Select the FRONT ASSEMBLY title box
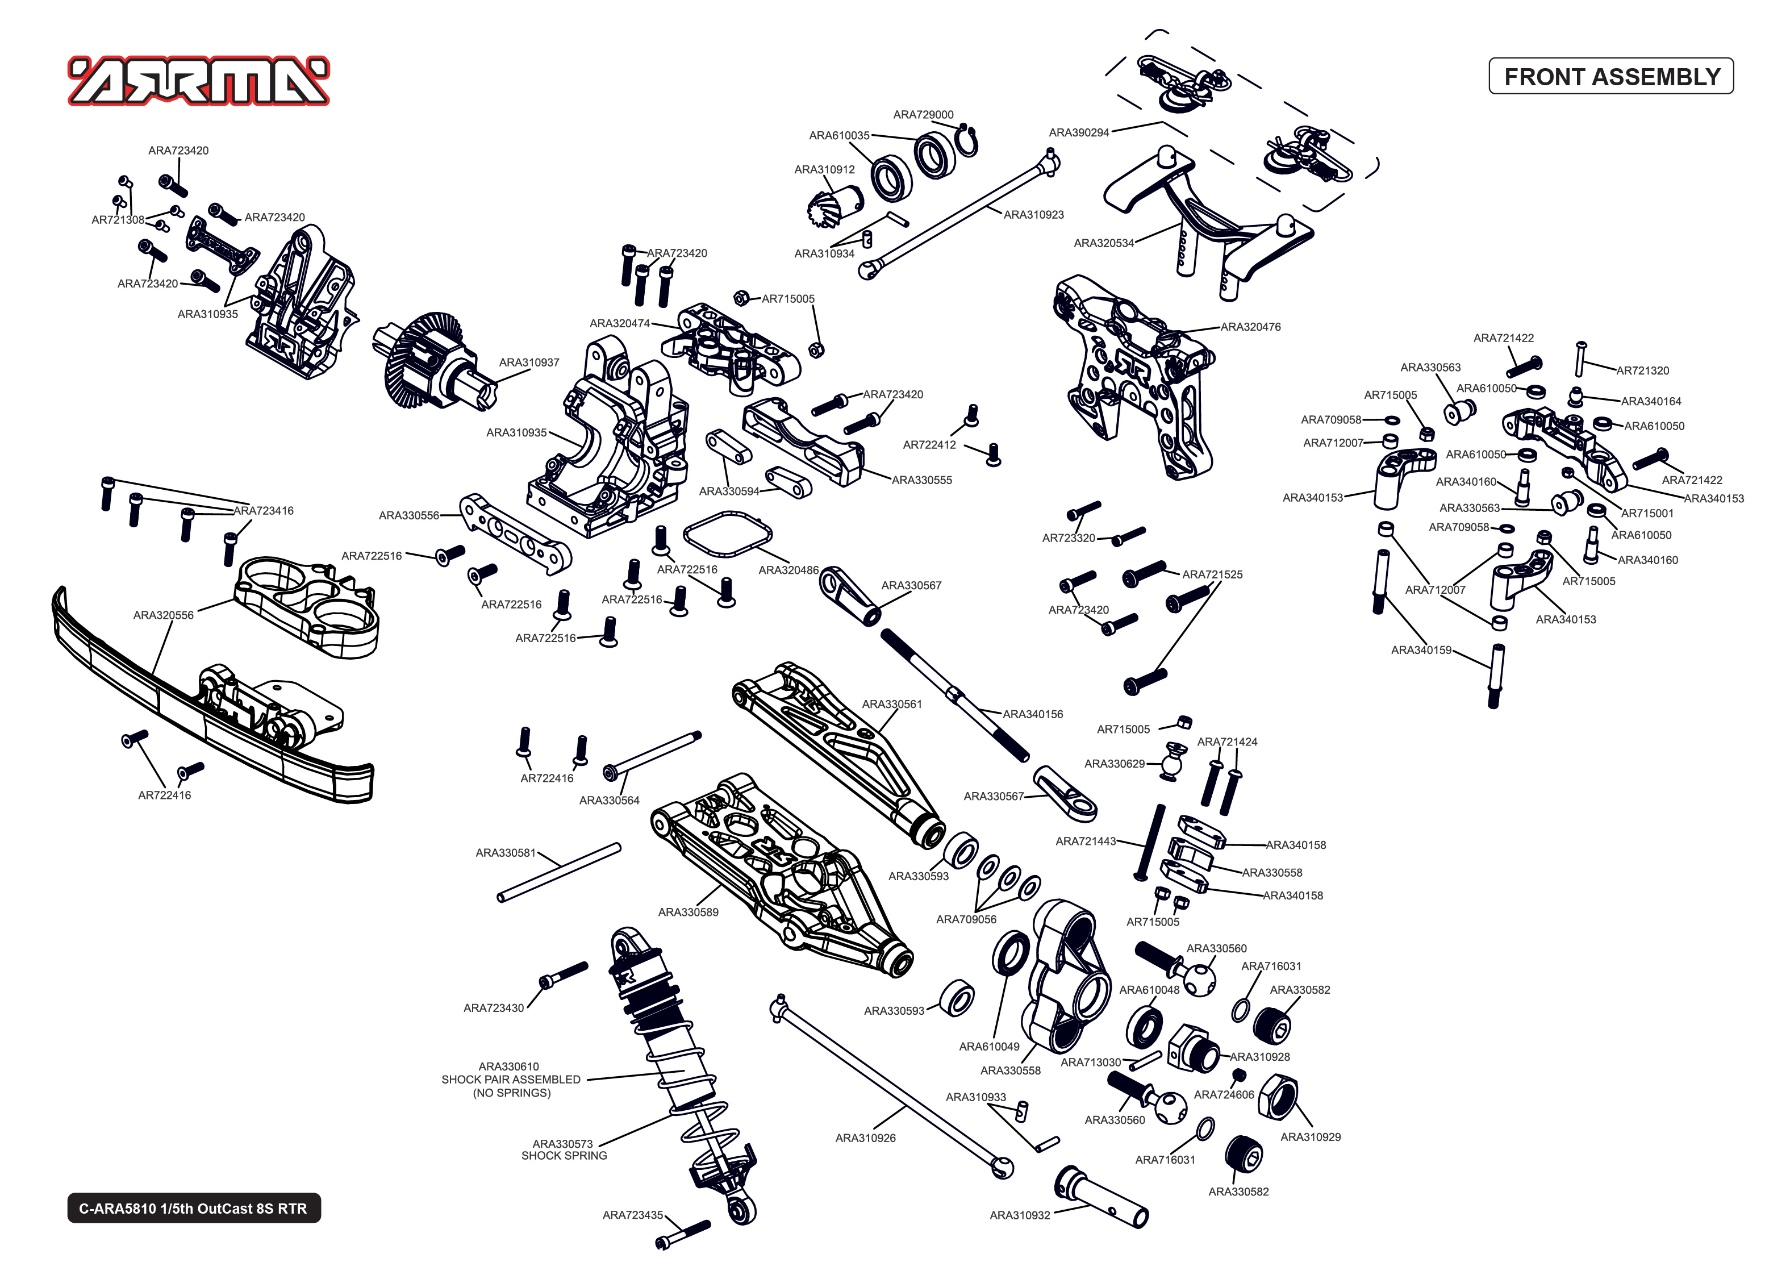pos(1610,76)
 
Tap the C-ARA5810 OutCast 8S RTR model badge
pos(194,1208)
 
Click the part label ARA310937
pos(529,363)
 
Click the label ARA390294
pos(1078,132)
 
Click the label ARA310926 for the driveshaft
pos(865,1138)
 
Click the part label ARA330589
pos(688,912)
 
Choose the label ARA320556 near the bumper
pos(163,615)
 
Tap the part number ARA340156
pos(1032,714)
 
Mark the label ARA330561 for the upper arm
pos(891,704)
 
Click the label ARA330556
pos(408,515)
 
